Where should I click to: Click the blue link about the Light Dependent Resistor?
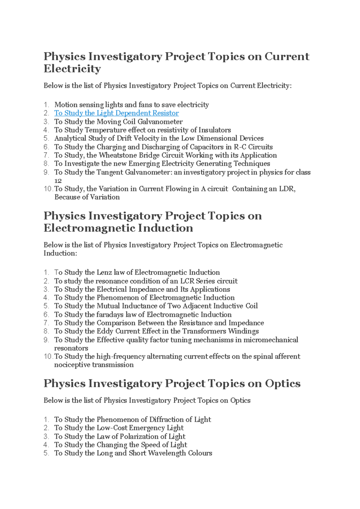coord(116,113)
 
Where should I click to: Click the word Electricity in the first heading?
coord(72,69)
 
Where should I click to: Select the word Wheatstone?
coord(118,155)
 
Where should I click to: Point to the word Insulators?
coord(214,130)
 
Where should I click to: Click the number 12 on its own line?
coord(58,181)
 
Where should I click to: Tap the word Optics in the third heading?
coord(282,384)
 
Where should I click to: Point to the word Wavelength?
coord(167,453)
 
